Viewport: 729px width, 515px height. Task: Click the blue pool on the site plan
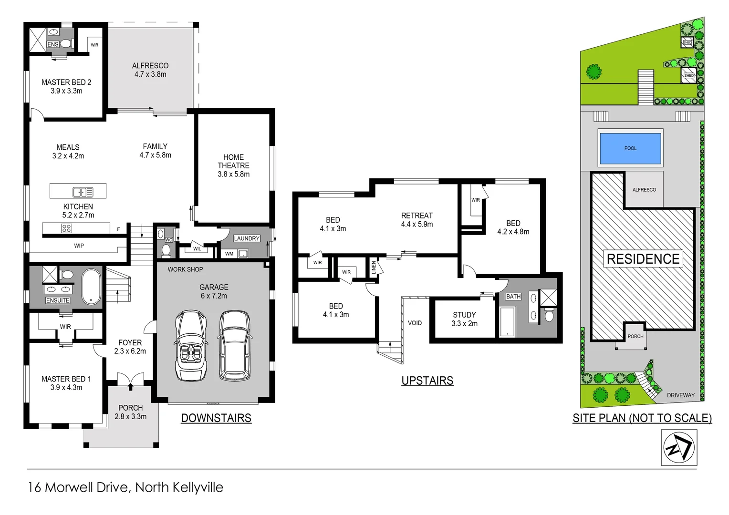tap(630, 148)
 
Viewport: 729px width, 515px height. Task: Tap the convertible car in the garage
tap(191, 345)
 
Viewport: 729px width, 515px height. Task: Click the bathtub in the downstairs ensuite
tap(91, 287)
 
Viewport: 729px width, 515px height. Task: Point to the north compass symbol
tap(679, 447)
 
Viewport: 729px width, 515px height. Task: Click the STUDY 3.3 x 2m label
tap(464, 319)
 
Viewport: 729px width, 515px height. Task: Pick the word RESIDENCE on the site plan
tap(643, 259)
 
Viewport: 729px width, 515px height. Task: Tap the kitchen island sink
tap(83, 192)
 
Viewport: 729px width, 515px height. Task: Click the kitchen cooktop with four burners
tap(66, 229)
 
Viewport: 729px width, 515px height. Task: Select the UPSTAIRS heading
tap(427, 381)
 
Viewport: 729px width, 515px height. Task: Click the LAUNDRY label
tap(247, 238)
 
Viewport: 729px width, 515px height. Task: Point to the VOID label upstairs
tap(415, 323)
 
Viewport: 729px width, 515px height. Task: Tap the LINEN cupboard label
tap(374, 268)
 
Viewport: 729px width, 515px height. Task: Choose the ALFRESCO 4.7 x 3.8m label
tap(150, 70)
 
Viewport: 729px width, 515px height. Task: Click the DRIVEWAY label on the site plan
tap(680, 395)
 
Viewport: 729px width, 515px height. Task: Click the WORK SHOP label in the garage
tap(185, 269)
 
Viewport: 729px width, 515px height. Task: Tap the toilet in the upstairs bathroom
tap(549, 316)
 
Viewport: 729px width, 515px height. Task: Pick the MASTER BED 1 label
tap(66, 383)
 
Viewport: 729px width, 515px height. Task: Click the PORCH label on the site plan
tap(635, 336)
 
